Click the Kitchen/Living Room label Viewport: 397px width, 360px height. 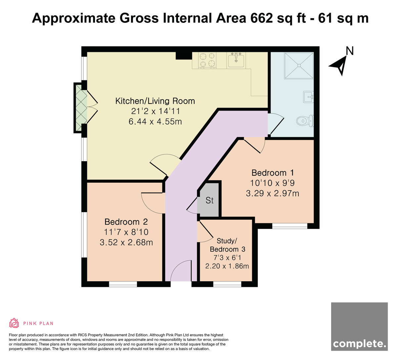click(155, 101)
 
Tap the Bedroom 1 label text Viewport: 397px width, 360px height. click(273, 173)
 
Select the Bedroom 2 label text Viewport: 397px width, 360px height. click(126, 222)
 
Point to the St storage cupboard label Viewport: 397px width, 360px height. click(209, 201)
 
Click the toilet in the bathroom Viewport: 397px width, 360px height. click(305, 120)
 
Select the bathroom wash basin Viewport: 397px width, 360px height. click(308, 97)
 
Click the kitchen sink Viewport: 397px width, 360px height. click(236, 61)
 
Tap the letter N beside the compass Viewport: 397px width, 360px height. click(350, 51)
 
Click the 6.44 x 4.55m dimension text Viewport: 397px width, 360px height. click(155, 121)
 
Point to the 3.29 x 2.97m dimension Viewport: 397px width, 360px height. click(273, 193)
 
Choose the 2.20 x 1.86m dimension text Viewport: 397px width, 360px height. click(227, 266)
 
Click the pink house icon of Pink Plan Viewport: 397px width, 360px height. click(14, 323)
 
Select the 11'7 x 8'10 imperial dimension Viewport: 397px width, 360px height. click(126, 232)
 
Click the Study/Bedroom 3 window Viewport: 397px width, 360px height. click(227, 284)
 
